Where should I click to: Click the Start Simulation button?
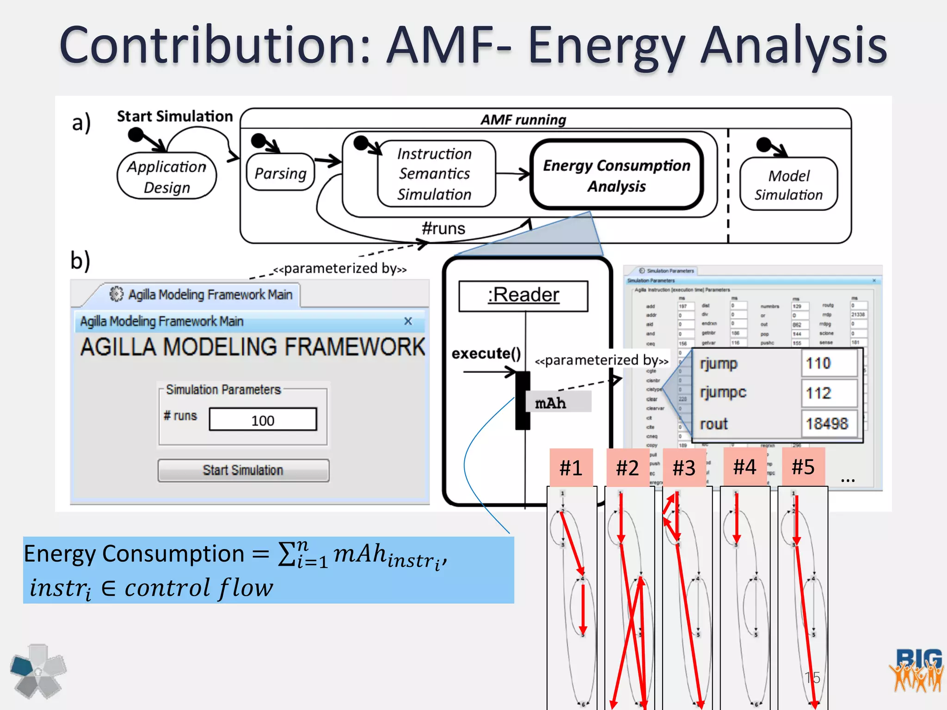[243, 470]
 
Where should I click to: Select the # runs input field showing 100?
[263, 420]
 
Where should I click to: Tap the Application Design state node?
[166, 177]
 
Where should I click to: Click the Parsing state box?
[280, 173]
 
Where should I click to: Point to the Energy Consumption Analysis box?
[616, 175]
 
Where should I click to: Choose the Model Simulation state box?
[788, 184]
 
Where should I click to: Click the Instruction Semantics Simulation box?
[435, 174]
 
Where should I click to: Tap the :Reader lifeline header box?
[523, 295]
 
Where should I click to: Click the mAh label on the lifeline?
[550, 403]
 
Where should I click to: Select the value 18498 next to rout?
[827, 423]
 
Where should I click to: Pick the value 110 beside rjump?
[818, 363]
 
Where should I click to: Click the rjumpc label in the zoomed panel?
[723, 392]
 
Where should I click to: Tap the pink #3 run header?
[684, 467]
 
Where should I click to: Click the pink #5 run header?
[803, 466]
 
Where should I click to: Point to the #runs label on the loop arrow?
[443, 228]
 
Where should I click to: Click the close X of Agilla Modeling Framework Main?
[408, 321]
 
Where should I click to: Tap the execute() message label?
[486, 354]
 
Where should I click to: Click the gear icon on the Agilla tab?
[117, 294]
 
